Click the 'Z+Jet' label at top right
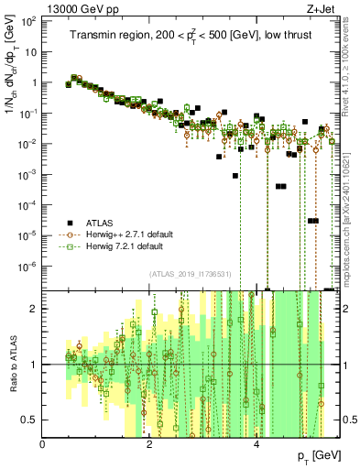point(322,9)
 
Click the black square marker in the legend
point(69,223)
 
